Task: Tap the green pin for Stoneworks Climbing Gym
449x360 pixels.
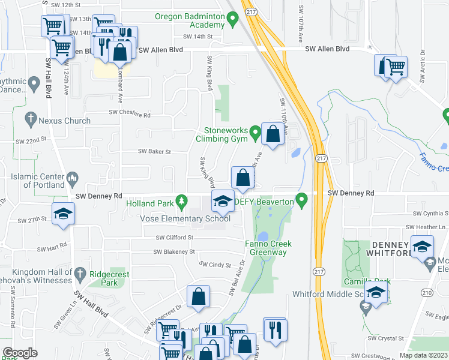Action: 255,131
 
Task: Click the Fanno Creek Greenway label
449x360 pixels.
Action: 268,248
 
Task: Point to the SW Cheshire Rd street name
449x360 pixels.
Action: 129,113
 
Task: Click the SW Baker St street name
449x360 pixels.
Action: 155,152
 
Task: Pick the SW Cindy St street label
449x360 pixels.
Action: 215,264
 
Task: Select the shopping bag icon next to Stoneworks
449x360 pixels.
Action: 273,134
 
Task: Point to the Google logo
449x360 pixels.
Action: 20,353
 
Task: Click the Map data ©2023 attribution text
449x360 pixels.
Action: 423,355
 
